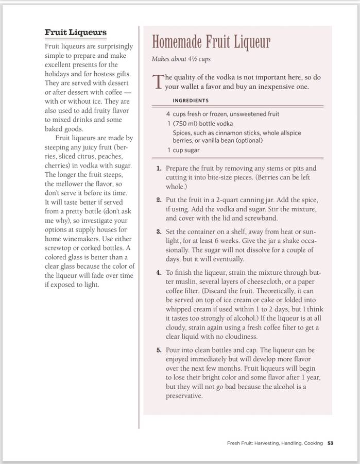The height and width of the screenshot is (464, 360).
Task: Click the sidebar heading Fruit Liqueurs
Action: coord(76,32)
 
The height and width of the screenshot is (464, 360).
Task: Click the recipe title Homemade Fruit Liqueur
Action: coord(211,42)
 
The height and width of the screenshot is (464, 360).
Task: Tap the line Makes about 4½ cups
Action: coord(181,59)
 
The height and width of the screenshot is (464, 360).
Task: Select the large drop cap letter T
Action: coord(158,82)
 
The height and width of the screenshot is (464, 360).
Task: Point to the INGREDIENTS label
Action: coord(191,101)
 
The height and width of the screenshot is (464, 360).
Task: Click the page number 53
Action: coord(331,443)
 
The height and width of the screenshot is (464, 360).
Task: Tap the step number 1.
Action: coord(159,169)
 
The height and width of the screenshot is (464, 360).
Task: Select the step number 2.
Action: coord(159,200)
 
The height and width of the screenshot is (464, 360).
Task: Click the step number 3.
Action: coord(159,231)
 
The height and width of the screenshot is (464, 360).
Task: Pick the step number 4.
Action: coord(159,272)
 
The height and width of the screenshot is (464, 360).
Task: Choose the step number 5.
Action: coord(159,350)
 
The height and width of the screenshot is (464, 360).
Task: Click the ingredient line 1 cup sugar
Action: coord(183,150)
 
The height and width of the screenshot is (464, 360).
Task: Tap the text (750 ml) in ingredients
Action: coord(188,124)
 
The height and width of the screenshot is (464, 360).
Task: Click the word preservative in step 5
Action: coord(184,396)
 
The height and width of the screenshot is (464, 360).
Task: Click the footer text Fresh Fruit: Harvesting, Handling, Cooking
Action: coord(275,443)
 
